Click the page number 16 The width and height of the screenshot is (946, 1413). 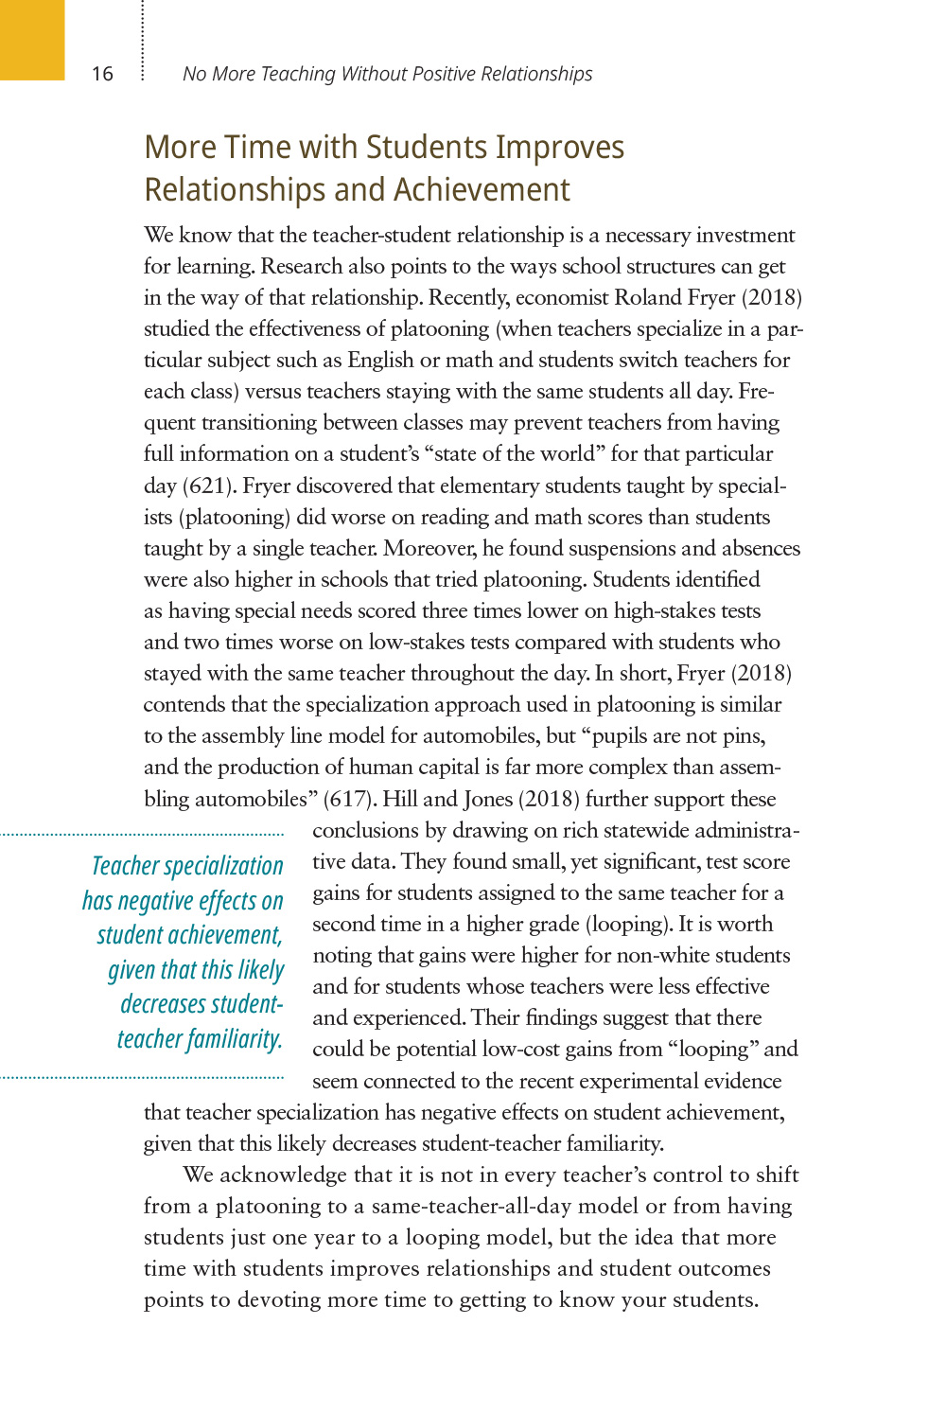click(x=102, y=74)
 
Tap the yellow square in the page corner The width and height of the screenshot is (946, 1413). click(x=32, y=39)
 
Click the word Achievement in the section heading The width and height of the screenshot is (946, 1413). click(x=482, y=190)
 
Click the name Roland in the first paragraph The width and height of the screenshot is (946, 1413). click(x=648, y=297)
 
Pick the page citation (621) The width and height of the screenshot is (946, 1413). click(x=208, y=486)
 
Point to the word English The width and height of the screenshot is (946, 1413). click(x=380, y=360)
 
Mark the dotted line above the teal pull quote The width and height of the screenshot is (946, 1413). click(x=142, y=835)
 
